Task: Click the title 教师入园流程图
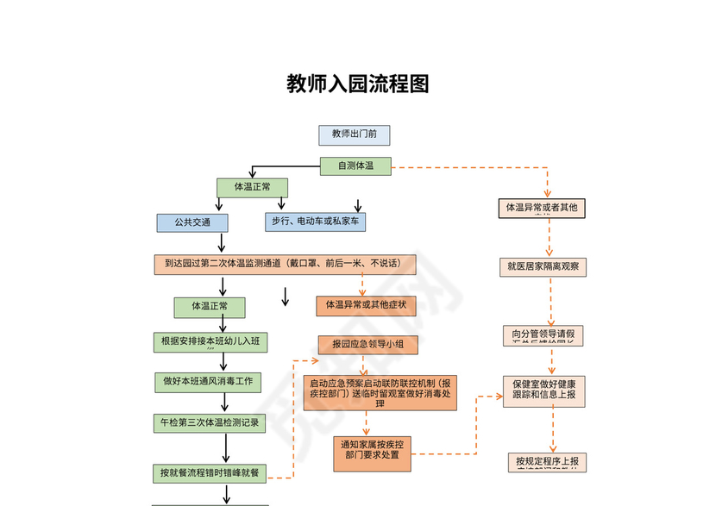[357, 84]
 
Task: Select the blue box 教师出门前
[354, 134]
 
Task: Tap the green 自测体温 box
[355, 166]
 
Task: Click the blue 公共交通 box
[192, 222]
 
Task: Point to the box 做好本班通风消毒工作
[208, 381]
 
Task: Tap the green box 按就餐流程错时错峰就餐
[210, 472]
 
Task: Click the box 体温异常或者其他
[542, 208]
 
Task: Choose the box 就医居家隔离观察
[543, 267]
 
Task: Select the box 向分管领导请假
[543, 334]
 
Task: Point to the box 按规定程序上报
[548, 462]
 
